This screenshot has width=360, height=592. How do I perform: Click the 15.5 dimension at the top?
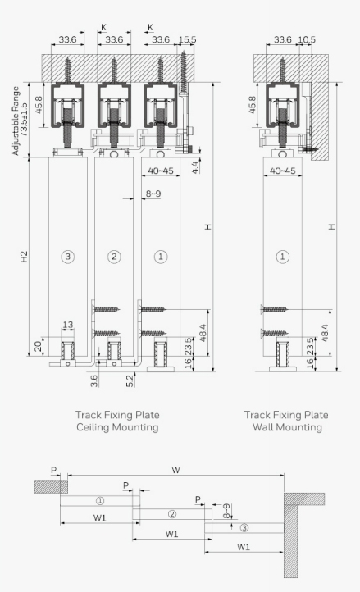pyautogui.click(x=187, y=39)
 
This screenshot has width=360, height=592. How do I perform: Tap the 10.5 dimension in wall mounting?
pyautogui.click(x=307, y=39)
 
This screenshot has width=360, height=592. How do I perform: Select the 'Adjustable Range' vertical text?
pyautogui.click(x=15, y=121)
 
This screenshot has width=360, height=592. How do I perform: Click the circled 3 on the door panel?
pyautogui.click(x=67, y=257)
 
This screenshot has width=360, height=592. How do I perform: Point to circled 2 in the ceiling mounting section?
pyautogui.click(x=114, y=257)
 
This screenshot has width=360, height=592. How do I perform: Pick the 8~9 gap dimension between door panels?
pyautogui.click(x=153, y=194)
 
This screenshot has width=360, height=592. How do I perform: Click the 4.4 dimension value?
pyautogui.click(x=195, y=167)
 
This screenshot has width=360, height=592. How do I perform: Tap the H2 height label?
pyautogui.click(x=24, y=257)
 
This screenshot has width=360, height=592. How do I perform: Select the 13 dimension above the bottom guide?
pyautogui.click(x=68, y=325)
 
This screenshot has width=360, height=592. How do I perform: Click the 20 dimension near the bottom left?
pyautogui.click(x=38, y=346)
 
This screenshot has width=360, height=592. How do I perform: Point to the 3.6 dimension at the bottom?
pyautogui.click(x=94, y=380)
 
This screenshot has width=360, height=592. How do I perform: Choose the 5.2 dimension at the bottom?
pyautogui.click(x=130, y=380)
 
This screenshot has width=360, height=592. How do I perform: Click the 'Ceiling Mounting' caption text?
pyautogui.click(x=117, y=427)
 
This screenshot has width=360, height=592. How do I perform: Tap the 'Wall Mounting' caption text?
pyautogui.click(x=287, y=427)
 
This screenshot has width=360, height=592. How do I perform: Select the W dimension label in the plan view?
pyautogui.click(x=175, y=470)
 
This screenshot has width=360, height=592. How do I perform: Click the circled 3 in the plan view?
pyautogui.click(x=244, y=527)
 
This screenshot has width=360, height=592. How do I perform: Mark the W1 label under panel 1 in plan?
pyautogui.click(x=100, y=517)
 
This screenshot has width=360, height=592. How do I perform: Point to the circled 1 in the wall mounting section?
pyautogui.click(x=283, y=257)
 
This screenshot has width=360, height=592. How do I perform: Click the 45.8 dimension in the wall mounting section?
pyautogui.click(x=253, y=105)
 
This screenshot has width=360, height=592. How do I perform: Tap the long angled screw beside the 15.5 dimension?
pyautogui.click(x=184, y=74)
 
